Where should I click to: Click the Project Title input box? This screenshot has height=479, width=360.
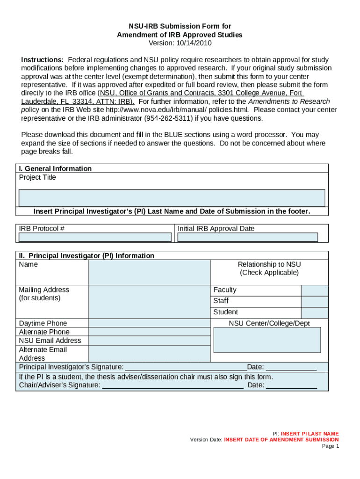pyautogui.click(x=172, y=197)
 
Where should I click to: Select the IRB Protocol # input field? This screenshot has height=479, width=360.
pyautogui.click(x=95, y=237)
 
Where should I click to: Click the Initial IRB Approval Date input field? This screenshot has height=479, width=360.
pyautogui.click(x=247, y=237)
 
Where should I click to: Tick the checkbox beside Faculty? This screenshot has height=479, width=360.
pyautogui.click(x=315, y=290)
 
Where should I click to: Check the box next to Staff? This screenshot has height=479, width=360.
pyautogui.click(x=315, y=301)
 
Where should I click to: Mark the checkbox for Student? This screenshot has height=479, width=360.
pyautogui.click(x=315, y=312)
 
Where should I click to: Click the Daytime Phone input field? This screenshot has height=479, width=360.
pyautogui.click(x=149, y=323)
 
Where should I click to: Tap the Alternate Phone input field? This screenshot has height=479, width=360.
pyautogui.click(x=149, y=332)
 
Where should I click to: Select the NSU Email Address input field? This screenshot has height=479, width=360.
pyautogui.click(x=149, y=341)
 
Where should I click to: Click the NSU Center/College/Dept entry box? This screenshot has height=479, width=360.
pyautogui.click(x=267, y=340)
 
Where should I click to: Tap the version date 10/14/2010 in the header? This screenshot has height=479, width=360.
pyautogui.click(x=193, y=43)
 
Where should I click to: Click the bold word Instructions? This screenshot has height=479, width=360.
pyautogui.click(x=43, y=60)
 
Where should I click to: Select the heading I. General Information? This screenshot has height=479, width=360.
pyautogui.click(x=55, y=168)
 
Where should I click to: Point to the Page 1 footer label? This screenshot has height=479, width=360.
pyautogui.click(x=330, y=446)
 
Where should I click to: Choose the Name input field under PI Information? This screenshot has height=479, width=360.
pyautogui.click(x=149, y=273)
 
